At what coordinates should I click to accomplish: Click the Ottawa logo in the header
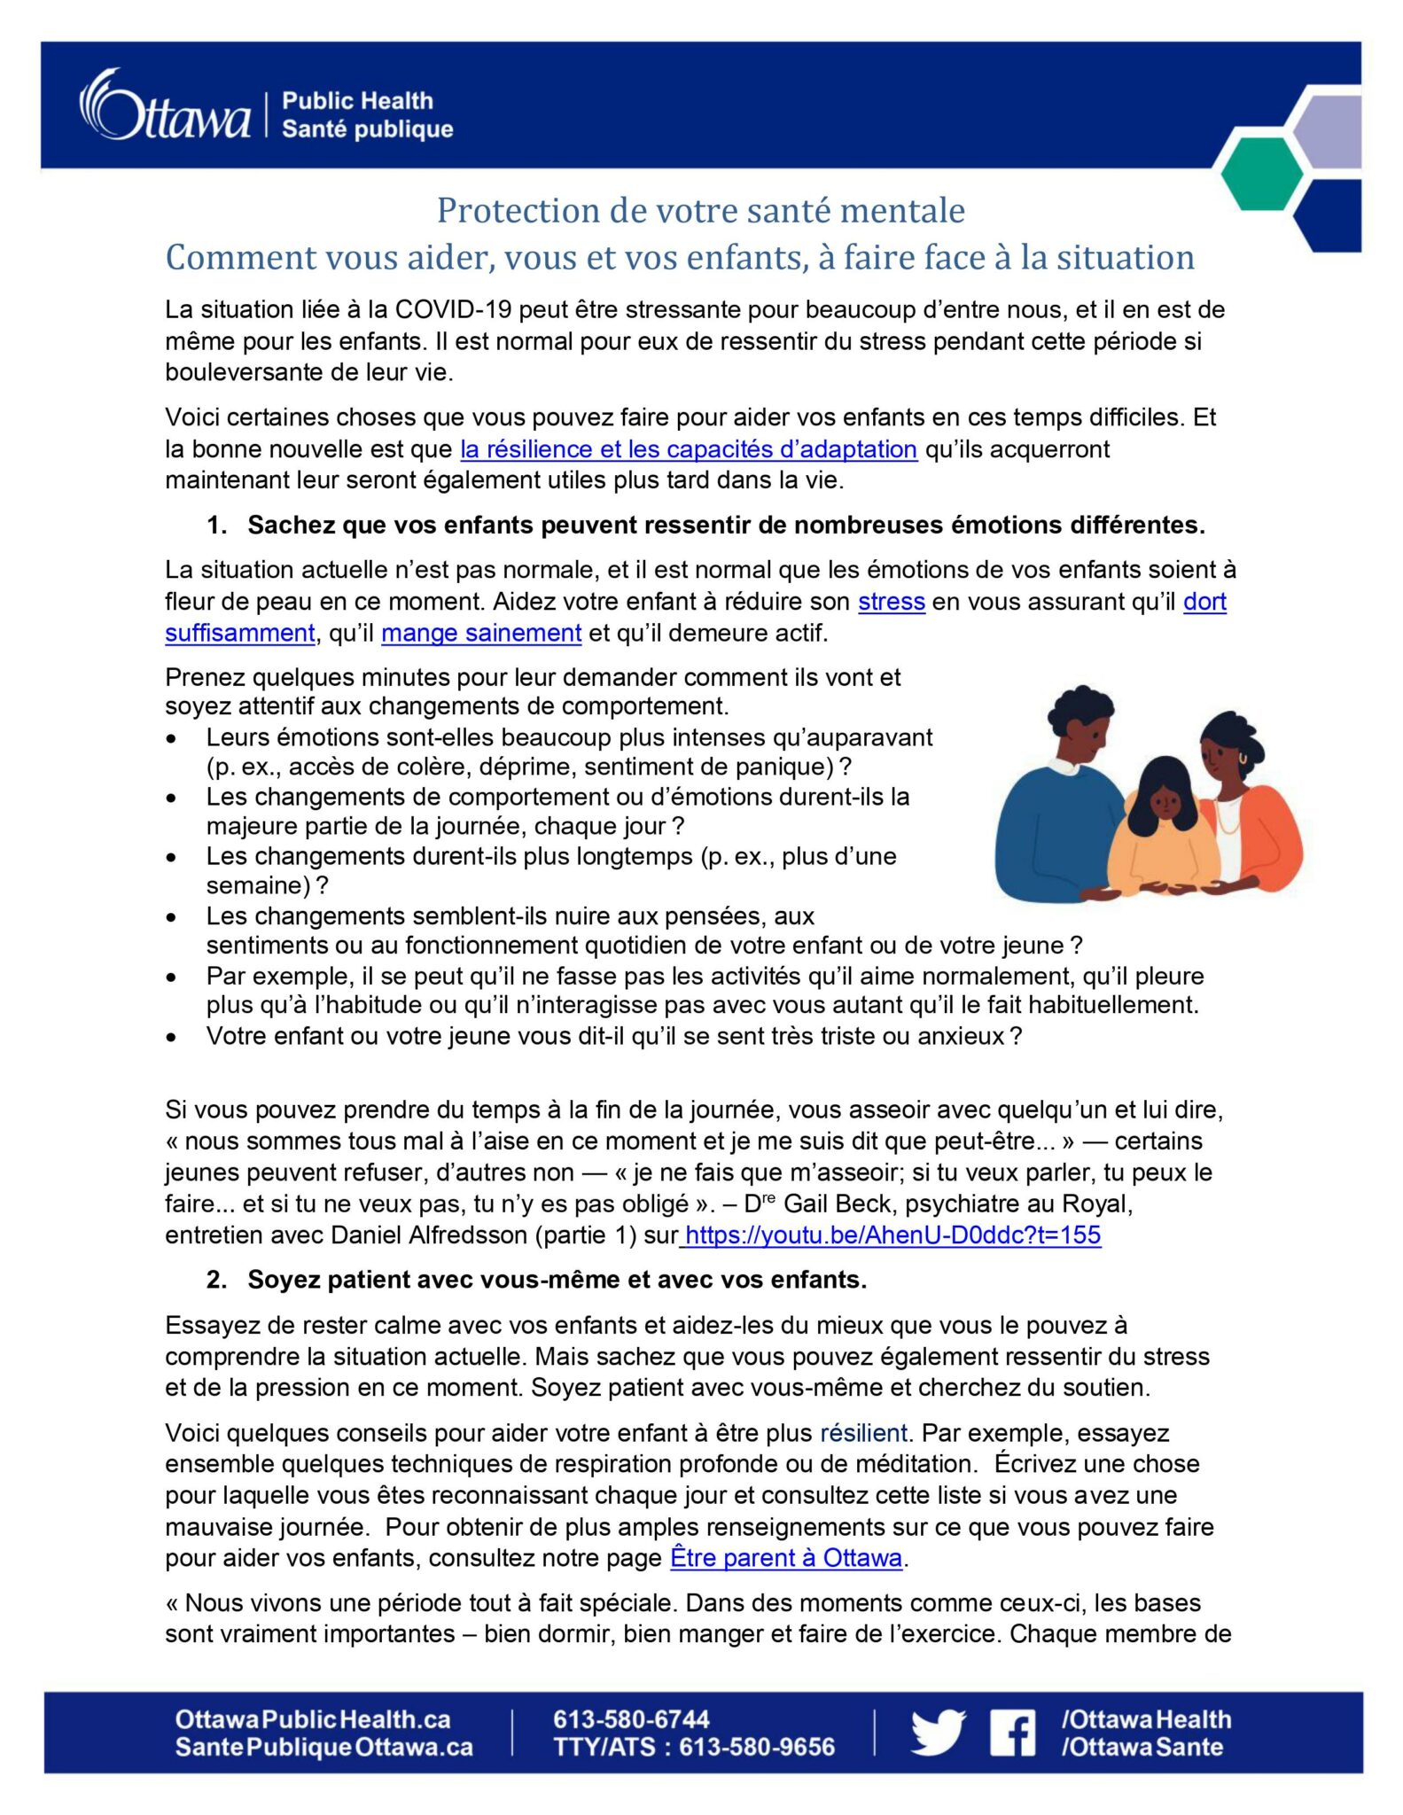pyautogui.click(x=166, y=106)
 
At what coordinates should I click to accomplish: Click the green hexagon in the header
pyautogui.click(x=1260, y=174)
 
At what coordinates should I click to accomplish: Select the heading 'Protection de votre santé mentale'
pyautogui.click(x=700, y=211)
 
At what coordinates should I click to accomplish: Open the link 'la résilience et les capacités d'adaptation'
pyautogui.click(x=688, y=449)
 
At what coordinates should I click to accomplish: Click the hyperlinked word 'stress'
pyautogui.click(x=891, y=602)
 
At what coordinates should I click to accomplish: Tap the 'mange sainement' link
pyautogui.click(x=481, y=633)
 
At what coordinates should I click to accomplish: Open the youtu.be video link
pyautogui.click(x=892, y=1235)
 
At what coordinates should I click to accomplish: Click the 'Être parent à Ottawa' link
pyautogui.click(x=786, y=1557)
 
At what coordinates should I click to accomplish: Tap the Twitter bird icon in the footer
pyautogui.click(x=938, y=1732)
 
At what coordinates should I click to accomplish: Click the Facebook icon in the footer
pyautogui.click(x=1012, y=1733)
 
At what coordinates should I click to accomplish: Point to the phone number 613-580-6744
pyautogui.click(x=631, y=1719)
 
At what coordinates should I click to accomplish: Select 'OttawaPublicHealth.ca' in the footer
pyautogui.click(x=312, y=1719)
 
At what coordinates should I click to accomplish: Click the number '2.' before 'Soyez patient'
pyautogui.click(x=216, y=1280)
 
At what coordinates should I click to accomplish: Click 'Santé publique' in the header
pyautogui.click(x=367, y=129)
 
